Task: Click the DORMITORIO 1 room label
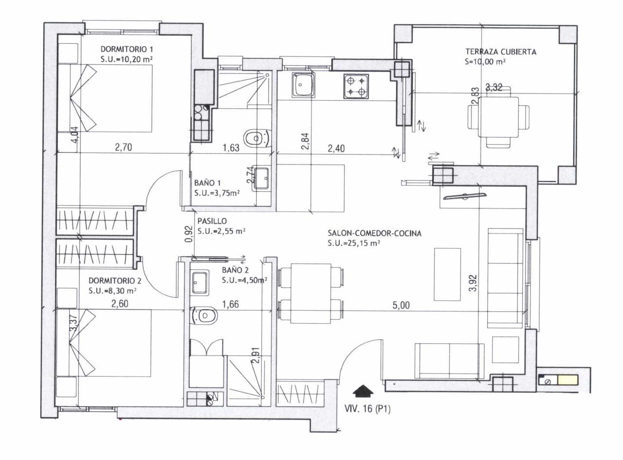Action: click(x=127, y=50)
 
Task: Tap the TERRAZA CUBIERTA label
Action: click(x=501, y=52)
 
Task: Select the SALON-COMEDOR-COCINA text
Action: click(x=374, y=233)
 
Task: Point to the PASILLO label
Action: click(x=212, y=221)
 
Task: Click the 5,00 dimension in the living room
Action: click(x=401, y=305)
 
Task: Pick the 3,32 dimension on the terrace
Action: click(x=494, y=88)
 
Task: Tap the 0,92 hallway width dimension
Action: click(x=190, y=234)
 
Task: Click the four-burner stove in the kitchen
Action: click(x=356, y=87)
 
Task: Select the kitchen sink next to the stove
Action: click(x=303, y=85)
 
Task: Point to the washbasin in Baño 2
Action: click(x=200, y=282)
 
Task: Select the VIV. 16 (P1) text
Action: click(x=367, y=409)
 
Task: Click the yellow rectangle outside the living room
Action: click(x=568, y=380)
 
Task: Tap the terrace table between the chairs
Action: click(x=498, y=117)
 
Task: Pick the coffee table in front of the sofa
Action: click(x=447, y=274)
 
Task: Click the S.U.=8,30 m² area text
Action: click(x=112, y=291)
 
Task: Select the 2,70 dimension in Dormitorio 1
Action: click(x=123, y=147)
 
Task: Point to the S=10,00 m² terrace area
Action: click(x=485, y=61)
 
